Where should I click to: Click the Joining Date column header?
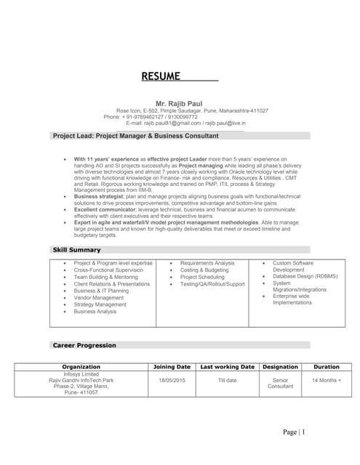[172, 367]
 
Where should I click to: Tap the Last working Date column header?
[227, 367]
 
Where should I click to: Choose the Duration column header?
[326, 367]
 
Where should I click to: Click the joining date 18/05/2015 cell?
[172, 380]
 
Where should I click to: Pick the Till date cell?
[227, 380]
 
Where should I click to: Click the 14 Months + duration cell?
[326, 380]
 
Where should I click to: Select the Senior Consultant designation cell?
[280, 383]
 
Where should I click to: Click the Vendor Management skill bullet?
[99, 297]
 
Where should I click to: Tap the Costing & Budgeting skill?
[204, 270]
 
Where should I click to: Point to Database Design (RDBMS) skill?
[305, 277]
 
